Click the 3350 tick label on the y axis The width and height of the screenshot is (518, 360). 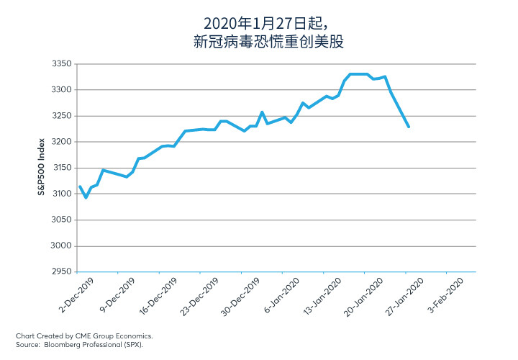pyautogui.click(x=61, y=63)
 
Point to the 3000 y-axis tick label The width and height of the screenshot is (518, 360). pyautogui.click(x=61, y=246)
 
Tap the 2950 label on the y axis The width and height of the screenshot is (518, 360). pyautogui.click(x=61, y=271)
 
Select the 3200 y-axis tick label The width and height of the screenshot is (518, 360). pyautogui.click(x=61, y=142)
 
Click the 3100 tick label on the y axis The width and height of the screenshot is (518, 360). pyautogui.click(x=62, y=194)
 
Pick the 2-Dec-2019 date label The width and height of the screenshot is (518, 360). pyautogui.click(x=76, y=295)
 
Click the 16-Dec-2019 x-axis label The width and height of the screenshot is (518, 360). pyautogui.click(x=158, y=296)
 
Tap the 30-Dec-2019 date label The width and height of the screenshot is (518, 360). pyautogui.click(x=240, y=297)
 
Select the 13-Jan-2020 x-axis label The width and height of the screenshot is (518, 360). pyautogui.click(x=322, y=296)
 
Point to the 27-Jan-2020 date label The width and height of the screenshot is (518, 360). pyautogui.click(x=404, y=296)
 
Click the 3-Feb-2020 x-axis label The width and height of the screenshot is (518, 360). pyautogui.click(x=446, y=295)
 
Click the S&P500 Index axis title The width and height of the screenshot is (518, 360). pyautogui.click(x=41, y=167)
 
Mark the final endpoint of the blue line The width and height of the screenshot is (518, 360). pyautogui.click(x=409, y=127)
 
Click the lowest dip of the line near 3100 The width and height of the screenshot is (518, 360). pyautogui.click(x=86, y=197)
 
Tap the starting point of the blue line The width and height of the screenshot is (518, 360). pyautogui.click(x=80, y=186)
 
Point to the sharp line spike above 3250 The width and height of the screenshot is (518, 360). pyautogui.click(x=262, y=112)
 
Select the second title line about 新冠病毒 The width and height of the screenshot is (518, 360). pyautogui.click(x=268, y=42)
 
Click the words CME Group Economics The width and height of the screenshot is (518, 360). pyautogui.click(x=114, y=336)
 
